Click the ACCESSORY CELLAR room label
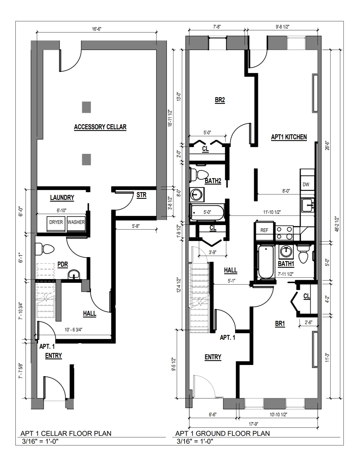(100, 127)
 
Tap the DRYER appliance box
(56, 223)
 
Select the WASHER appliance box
(76, 223)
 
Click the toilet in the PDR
(45, 249)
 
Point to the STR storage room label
(141, 195)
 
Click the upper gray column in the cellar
(86, 107)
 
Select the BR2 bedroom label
(220, 100)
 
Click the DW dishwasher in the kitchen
(306, 184)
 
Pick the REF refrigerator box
(264, 230)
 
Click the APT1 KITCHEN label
(289, 137)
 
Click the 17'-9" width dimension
(253, 424)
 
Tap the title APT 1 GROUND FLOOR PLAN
(222, 433)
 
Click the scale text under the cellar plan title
(40, 441)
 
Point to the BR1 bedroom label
(280, 324)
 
